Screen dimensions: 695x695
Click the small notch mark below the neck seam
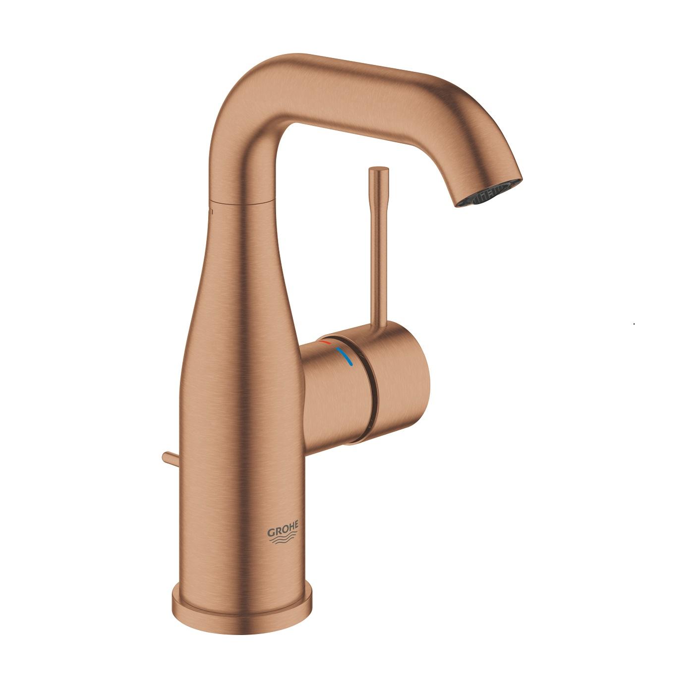click(x=211, y=211)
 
